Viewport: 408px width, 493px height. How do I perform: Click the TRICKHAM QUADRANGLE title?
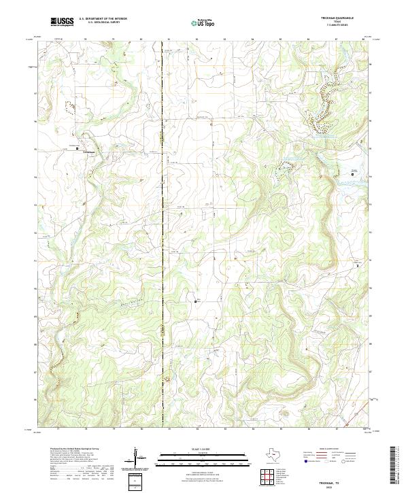pyautogui.click(x=337, y=19)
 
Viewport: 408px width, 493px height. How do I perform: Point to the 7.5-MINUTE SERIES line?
pyautogui.click(x=337, y=26)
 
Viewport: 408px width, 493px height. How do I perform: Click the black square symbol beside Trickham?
pyautogui.click(x=77, y=148)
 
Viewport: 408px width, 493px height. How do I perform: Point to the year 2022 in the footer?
pyautogui.click(x=337, y=488)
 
